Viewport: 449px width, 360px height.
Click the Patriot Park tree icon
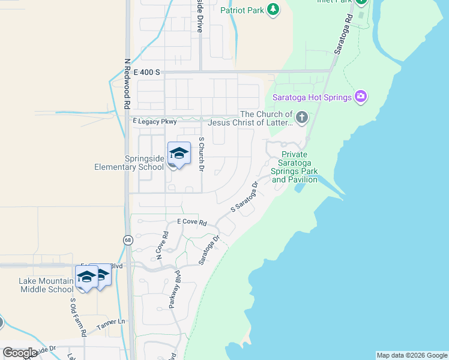click(x=273, y=10)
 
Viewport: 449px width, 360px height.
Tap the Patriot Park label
click(x=243, y=10)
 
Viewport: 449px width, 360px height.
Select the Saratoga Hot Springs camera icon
click(x=360, y=96)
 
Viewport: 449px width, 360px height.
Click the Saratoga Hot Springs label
click(x=312, y=97)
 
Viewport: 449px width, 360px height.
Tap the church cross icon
click(x=302, y=118)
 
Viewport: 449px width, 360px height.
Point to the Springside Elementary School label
click(x=128, y=163)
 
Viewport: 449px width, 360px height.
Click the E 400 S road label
click(x=146, y=72)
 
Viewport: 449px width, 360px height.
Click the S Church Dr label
click(x=202, y=154)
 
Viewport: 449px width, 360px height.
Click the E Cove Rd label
click(x=192, y=223)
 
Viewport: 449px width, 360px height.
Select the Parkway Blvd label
click(x=174, y=291)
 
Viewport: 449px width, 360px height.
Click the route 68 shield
click(x=128, y=240)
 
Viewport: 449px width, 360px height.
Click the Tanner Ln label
click(x=112, y=322)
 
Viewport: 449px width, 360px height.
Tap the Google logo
click(x=20, y=352)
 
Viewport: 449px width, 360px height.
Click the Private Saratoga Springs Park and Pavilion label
click(x=294, y=167)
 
